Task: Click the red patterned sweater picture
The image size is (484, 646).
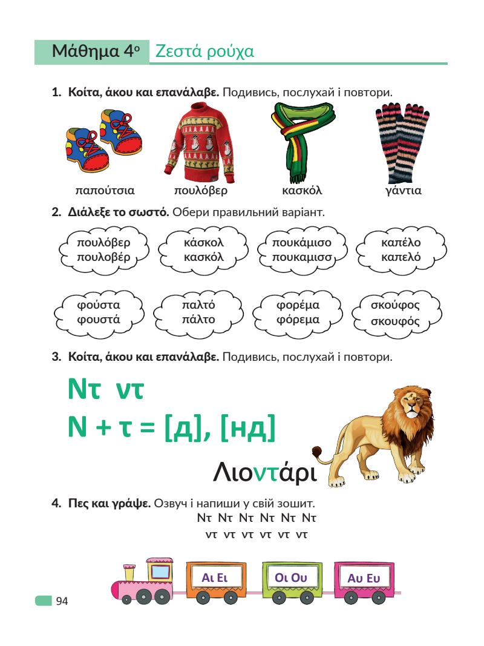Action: [200, 143]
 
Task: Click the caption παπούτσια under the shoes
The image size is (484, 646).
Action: [105, 191]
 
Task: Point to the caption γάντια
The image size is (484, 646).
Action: [404, 191]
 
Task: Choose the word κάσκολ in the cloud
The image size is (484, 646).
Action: [204, 243]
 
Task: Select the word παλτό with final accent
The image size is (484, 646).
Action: [198, 305]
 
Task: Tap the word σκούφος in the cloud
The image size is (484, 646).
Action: [395, 305]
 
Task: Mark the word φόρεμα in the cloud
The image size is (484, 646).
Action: [298, 319]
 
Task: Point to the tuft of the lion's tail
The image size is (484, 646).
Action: [317, 452]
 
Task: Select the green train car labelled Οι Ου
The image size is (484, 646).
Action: [291, 578]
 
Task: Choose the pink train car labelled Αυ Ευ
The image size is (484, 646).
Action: [364, 578]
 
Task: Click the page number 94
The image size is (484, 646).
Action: [62, 601]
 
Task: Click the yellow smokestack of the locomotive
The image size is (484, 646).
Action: [129, 571]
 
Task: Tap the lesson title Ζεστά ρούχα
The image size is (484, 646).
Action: [204, 52]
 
